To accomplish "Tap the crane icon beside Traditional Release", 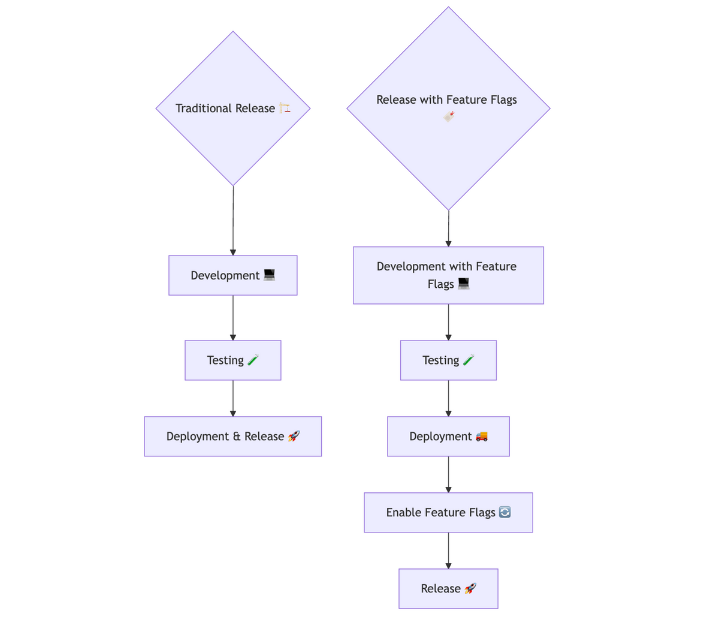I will [285, 108].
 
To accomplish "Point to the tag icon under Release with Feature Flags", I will [449, 116].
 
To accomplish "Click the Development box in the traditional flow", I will [232, 275].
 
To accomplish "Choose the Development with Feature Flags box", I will [448, 275].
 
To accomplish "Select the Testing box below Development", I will [232, 360].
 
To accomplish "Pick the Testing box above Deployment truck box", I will [448, 360].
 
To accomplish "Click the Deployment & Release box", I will [232, 437].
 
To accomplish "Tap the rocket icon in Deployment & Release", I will [294, 437].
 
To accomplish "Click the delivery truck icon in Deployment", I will [482, 437].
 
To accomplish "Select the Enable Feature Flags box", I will [448, 513].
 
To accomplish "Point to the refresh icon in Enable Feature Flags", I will [504, 512].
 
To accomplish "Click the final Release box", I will [448, 589].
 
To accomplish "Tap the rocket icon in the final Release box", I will [470, 588].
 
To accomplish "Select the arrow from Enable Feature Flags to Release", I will [448, 550].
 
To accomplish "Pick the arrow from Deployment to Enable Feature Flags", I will [448, 474].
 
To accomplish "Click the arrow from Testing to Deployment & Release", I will [233, 398].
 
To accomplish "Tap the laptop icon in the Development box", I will [269, 275].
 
